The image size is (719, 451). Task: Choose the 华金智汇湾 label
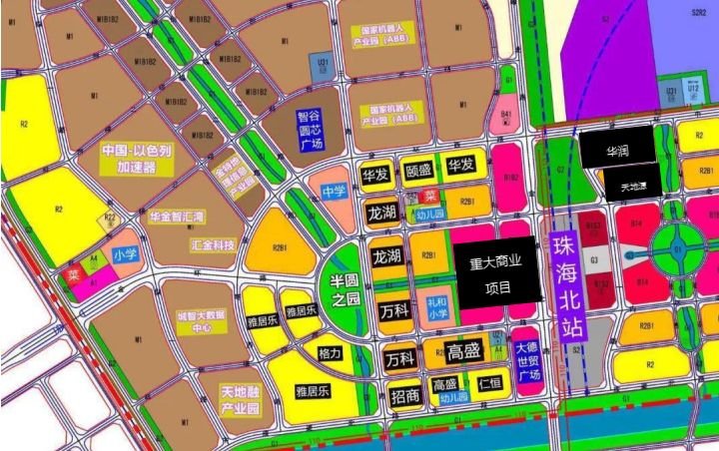(176, 216)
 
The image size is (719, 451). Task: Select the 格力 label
(330, 354)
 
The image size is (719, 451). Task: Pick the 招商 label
(405, 395)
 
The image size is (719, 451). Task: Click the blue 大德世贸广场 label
(526, 360)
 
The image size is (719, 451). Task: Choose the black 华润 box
(617, 151)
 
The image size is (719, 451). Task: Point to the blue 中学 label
(334, 191)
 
